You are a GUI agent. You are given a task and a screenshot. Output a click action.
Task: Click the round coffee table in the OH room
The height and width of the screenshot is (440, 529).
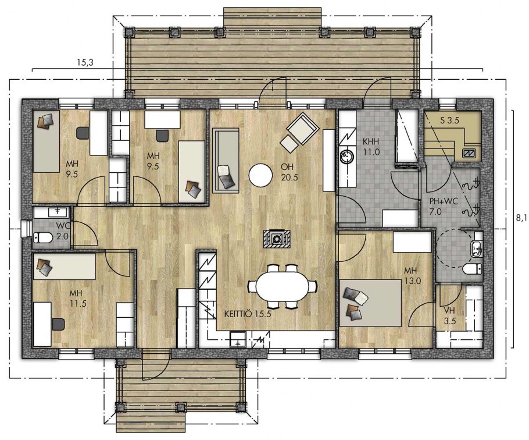260,175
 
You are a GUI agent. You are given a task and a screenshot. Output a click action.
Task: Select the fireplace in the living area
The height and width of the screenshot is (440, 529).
277,239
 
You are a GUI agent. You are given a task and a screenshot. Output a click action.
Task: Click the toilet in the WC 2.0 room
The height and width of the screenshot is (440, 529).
42,238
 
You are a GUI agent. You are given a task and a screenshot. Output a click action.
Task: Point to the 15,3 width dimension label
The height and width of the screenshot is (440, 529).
85,62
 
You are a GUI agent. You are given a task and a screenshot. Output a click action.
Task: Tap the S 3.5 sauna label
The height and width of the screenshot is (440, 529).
450,121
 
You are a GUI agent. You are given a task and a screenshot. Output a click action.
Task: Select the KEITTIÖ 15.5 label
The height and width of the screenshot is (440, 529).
248,314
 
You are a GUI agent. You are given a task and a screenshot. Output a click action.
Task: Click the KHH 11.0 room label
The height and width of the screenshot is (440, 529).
371,146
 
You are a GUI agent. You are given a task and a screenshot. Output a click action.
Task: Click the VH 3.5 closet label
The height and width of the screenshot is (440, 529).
449,315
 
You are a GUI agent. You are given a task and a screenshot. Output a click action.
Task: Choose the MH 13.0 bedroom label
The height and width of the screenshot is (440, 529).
412,275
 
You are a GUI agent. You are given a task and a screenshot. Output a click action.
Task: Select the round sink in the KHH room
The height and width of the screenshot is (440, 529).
346,157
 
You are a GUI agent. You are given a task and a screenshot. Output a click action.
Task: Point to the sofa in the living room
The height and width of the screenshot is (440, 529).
226,161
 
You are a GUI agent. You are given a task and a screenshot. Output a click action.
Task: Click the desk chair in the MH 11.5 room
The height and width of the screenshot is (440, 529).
58,324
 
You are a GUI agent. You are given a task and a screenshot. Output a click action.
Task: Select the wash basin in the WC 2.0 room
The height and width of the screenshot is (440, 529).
58,212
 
